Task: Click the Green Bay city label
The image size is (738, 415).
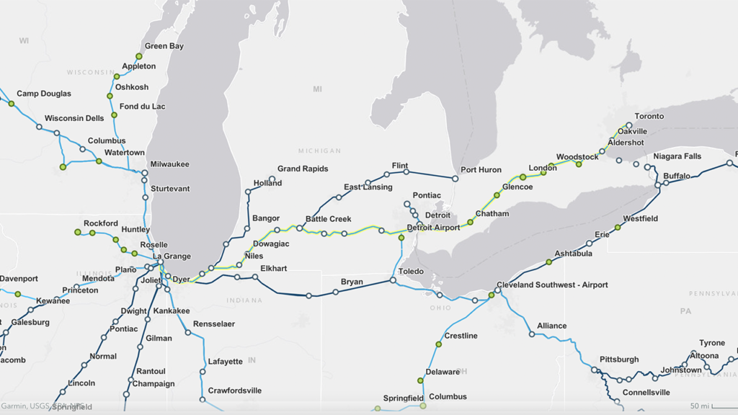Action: click(x=164, y=46)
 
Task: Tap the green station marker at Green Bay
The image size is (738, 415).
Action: click(x=139, y=56)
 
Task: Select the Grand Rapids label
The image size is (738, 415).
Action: click(x=303, y=169)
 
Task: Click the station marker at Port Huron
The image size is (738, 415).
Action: click(x=455, y=178)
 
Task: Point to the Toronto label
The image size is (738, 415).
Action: click(x=649, y=116)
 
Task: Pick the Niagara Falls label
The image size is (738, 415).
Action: click(x=677, y=156)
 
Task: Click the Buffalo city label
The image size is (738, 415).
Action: click(x=677, y=176)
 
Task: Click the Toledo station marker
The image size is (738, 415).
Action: click(x=393, y=280)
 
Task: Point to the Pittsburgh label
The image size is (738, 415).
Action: click(x=619, y=359)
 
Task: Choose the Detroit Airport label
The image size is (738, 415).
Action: click(x=433, y=228)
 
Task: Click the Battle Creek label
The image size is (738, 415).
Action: click(x=328, y=219)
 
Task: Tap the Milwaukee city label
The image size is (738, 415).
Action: click(x=169, y=164)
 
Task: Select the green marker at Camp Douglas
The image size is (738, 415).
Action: click(x=11, y=104)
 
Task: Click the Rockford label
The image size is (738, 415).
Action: click(x=100, y=223)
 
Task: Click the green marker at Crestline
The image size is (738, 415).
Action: click(x=438, y=344)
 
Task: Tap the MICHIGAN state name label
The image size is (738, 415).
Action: click(x=319, y=151)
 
